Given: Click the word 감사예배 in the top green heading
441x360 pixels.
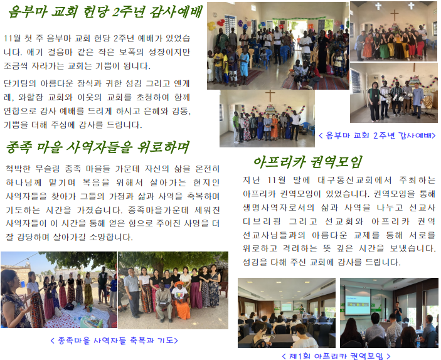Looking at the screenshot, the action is [176, 12].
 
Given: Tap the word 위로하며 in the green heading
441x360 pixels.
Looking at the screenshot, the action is [163, 147].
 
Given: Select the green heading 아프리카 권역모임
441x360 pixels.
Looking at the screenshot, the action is [307, 162].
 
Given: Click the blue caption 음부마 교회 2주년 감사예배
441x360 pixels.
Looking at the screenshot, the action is [378, 135].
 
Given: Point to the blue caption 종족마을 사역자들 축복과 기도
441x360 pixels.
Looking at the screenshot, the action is [114, 341].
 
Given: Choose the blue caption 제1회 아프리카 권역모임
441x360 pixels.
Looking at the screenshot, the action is [336, 356].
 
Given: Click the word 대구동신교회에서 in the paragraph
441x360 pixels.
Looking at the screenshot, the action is [354, 180].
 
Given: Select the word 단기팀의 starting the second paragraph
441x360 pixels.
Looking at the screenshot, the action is [20, 83].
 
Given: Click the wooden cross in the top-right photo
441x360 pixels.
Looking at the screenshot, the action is [394, 16].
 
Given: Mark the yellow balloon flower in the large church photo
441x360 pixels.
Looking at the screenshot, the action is [211, 26].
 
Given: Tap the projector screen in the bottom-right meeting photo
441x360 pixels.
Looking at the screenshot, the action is [358, 300].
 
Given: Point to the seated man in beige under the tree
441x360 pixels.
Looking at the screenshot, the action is [164, 302].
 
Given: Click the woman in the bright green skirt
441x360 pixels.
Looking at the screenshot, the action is [384, 46].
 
